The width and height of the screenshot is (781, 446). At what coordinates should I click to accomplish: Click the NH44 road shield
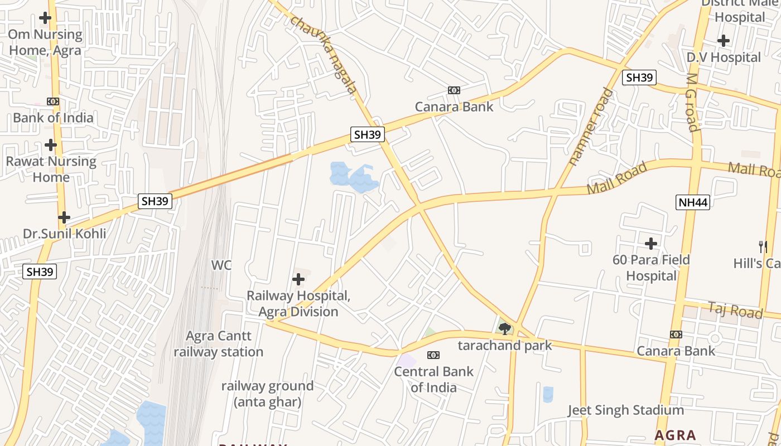tap(693, 202)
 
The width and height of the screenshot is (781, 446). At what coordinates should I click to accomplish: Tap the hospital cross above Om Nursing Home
tap(45, 18)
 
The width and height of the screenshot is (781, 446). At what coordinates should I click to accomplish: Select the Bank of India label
tap(53, 118)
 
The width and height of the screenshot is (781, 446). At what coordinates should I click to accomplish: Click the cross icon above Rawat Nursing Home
tap(51, 145)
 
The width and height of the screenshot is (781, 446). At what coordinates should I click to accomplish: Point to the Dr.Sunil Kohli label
tap(64, 233)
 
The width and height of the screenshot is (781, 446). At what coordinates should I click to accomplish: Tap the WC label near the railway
tap(221, 265)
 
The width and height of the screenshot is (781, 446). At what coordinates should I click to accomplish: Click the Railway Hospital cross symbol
tap(298, 279)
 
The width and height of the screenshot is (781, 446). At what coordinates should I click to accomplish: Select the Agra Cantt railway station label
tap(218, 344)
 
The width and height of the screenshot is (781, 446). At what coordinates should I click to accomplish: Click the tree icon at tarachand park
tap(505, 329)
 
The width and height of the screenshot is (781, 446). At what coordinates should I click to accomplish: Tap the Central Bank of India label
tap(433, 379)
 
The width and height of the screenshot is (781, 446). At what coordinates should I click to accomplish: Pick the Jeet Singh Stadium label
tap(625, 410)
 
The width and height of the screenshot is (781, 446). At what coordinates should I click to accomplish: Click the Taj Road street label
tap(735, 310)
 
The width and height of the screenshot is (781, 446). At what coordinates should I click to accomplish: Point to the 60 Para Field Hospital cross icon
tap(650, 244)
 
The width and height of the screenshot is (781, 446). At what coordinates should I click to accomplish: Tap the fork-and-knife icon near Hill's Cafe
tap(763, 246)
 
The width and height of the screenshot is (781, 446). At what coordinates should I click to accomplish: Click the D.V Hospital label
tap(724, 57)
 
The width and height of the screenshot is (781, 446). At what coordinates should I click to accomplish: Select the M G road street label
tap(692, 102)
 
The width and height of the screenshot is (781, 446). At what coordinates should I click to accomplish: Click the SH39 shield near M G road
tap(639, 77)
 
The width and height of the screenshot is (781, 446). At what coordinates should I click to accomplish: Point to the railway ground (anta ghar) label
tap(267, 394)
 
